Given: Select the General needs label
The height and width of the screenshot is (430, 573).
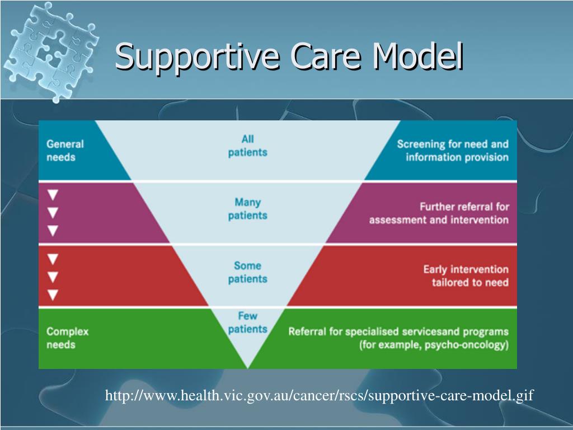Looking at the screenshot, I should (65, 151).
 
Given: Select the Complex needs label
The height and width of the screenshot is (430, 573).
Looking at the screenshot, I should (67, 338).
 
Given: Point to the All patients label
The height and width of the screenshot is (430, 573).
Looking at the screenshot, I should (247, 146).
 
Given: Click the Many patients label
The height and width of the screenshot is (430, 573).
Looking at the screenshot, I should (247, 209).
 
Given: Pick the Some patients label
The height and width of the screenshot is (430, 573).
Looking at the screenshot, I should (247, 272).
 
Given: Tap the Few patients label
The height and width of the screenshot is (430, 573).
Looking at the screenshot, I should (247, 322).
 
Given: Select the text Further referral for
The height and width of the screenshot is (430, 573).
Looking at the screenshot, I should (464, 207).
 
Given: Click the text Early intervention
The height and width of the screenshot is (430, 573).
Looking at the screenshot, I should (466, 270).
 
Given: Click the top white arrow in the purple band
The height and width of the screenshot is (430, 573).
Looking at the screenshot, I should (53, 195).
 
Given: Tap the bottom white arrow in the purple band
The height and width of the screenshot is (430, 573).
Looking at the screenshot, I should (53, 230).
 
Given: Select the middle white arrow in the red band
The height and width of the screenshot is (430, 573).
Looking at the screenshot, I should (53, 277).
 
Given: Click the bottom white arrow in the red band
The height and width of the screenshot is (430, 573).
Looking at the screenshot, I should (53, 294).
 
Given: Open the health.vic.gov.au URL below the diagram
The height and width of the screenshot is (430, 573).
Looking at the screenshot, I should (320, 396).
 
